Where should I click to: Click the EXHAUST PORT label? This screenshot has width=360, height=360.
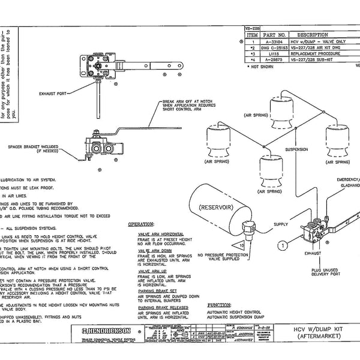click(57, 94)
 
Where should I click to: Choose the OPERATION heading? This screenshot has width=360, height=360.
click(144, 224)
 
